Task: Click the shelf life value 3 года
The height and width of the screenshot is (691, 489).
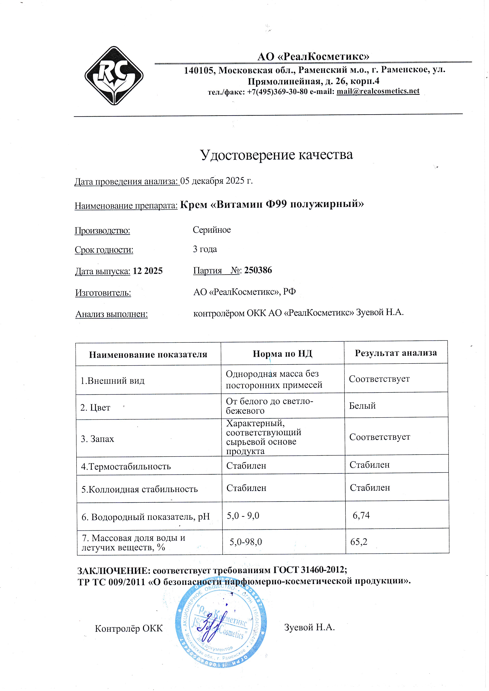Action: pos(205,249)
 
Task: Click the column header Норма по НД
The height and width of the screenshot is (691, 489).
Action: pos(282,354)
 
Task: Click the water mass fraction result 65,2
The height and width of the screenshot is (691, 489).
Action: pos(359,542)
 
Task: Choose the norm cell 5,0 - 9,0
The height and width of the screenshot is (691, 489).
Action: pos(243,516)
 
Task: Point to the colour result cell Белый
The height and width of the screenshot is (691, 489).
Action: pos(362,406)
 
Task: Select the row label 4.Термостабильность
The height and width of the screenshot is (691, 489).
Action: pos(126,467)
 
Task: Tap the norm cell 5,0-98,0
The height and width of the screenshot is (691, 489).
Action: pos(245,542)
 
